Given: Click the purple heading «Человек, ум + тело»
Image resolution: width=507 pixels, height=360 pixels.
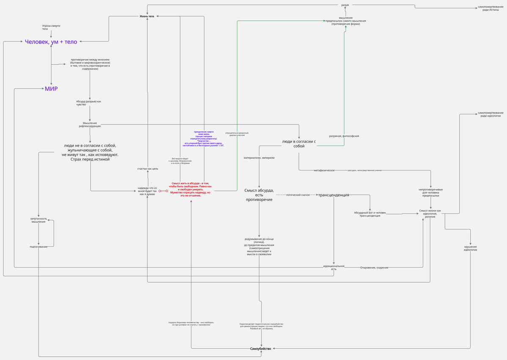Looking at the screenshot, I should (51, 41).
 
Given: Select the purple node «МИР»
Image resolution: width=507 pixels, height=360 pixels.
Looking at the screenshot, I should (51, 89).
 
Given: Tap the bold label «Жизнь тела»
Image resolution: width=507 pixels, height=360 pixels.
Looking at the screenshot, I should (147, 16).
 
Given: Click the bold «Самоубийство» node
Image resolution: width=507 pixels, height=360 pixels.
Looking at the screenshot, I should (260, 349).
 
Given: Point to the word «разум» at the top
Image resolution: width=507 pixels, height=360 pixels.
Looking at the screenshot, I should (345, 5).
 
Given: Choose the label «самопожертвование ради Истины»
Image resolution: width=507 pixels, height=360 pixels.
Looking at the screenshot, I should (491, 8).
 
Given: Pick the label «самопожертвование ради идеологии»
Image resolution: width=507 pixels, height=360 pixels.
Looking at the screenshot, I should (491, 114).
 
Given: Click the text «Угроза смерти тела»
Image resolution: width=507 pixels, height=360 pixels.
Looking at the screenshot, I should (51, 27).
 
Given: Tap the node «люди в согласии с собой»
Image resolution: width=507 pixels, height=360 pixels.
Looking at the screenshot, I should (299, 144).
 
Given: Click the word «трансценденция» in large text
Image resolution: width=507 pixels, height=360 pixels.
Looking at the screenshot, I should (334, 195).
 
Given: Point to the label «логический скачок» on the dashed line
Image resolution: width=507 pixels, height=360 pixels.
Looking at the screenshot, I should (298, 195).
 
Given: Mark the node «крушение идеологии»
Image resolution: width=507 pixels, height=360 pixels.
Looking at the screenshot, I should (470, 248).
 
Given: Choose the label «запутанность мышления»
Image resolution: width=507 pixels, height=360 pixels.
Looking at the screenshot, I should (38, 220).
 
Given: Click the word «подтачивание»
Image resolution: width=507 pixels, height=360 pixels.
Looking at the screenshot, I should (38, 247).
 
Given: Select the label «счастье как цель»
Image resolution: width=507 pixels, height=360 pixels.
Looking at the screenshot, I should (148, 169).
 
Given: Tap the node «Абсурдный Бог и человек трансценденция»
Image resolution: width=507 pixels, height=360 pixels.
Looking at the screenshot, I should (370, 214).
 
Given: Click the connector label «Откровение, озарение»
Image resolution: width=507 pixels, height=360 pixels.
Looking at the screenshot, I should (374, 267).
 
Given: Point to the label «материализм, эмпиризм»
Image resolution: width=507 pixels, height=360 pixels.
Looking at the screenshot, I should (259, 158).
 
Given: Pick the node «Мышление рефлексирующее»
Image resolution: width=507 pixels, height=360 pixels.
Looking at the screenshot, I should (90, 125).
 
